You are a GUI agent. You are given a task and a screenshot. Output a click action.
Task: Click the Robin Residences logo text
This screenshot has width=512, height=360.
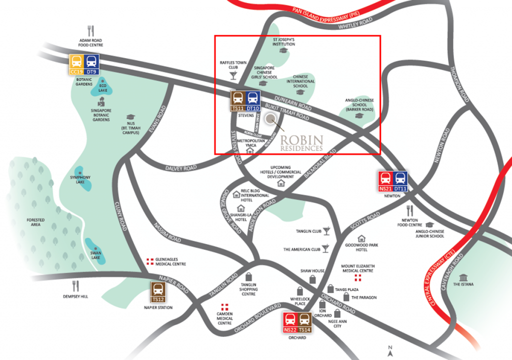[301, 142]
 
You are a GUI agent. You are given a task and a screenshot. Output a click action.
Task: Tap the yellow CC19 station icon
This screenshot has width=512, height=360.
[76, 64]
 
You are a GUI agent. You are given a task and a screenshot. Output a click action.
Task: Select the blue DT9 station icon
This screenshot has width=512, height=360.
[92, 64]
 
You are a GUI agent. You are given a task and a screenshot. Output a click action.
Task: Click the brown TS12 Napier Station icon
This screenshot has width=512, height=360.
[157, 292]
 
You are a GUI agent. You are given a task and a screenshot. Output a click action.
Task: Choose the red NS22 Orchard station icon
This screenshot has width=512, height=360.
[289, 322]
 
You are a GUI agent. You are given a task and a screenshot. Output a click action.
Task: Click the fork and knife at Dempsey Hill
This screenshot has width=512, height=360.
[76, 285]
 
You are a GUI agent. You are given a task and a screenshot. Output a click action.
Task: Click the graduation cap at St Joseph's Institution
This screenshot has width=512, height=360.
[283, 50]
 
